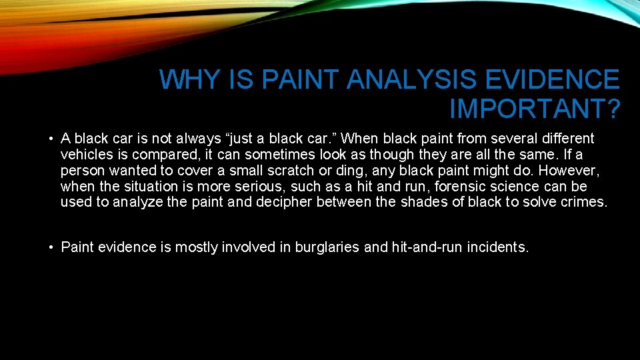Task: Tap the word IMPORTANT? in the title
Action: pyautogui.click(x=535, y=107)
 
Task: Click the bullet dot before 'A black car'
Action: pyautogui.click(x=51, y=139)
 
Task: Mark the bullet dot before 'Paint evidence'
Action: pyautogui.click(x=51, y=248)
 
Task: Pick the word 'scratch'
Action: pyautogui.click(x=312, y=171)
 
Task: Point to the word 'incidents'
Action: pyautogui.click(x=497, y=248)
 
